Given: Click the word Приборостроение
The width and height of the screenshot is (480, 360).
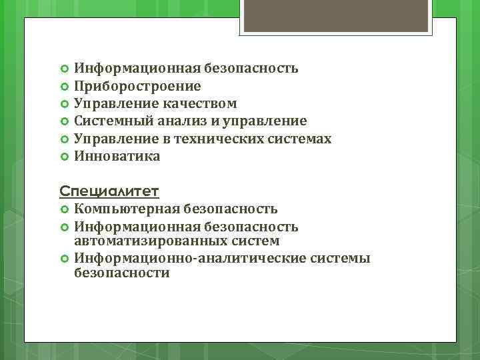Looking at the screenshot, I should point(137,86).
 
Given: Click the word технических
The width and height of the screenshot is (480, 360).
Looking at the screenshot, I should point(225,139).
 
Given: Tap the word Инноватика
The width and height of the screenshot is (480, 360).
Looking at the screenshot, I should point(117,156).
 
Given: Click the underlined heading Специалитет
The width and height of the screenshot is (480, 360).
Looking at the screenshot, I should point(109,192).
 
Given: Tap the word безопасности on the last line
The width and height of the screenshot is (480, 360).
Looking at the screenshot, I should point(122,273).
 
